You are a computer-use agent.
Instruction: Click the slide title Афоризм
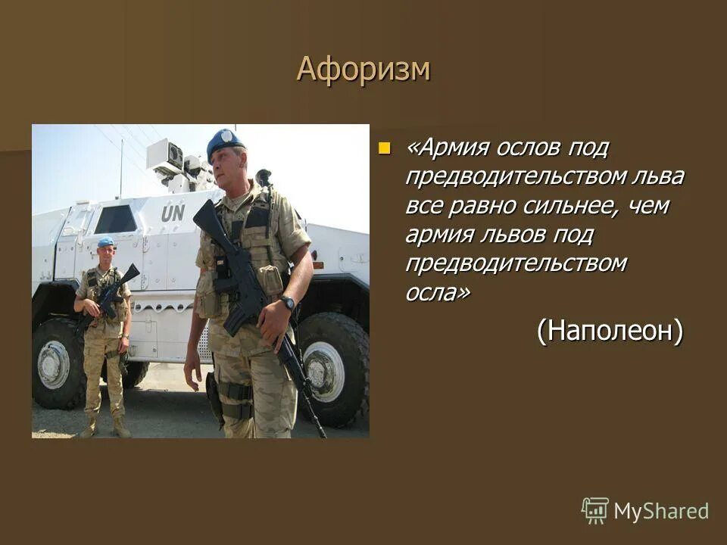(x=363, y=69)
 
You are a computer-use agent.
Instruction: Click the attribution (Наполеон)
(x=610, y=330)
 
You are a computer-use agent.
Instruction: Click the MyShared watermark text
(x=660, y=511)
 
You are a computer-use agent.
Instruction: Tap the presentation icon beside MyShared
(x=595, y=511)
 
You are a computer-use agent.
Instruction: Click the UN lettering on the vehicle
(x=172, y=213)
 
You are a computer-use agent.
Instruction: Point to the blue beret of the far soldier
(x=105, y=242)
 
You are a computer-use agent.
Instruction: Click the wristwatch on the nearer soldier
(x=287, y=303)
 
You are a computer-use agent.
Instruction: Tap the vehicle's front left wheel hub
(x=54, y=364)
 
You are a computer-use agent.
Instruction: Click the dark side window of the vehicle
(x=115, y=220)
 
